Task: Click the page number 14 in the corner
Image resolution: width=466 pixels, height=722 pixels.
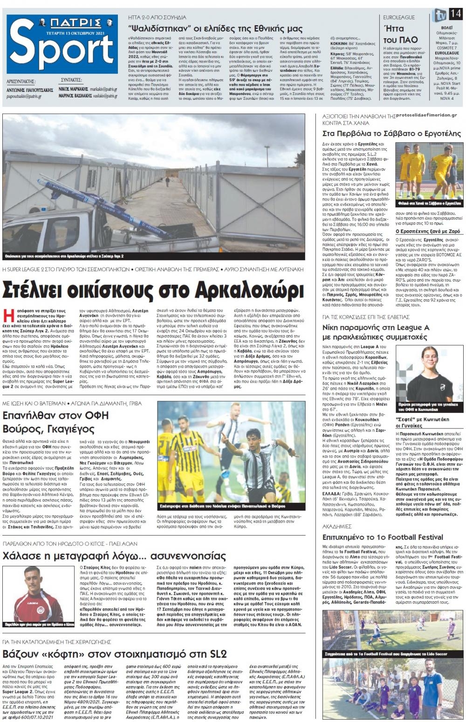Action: click(x=455, y=14)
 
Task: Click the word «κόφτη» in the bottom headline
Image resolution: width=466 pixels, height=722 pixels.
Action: click(x=83, y=653)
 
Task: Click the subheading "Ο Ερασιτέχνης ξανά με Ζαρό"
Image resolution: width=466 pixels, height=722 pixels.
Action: click(x=427, y=231)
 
